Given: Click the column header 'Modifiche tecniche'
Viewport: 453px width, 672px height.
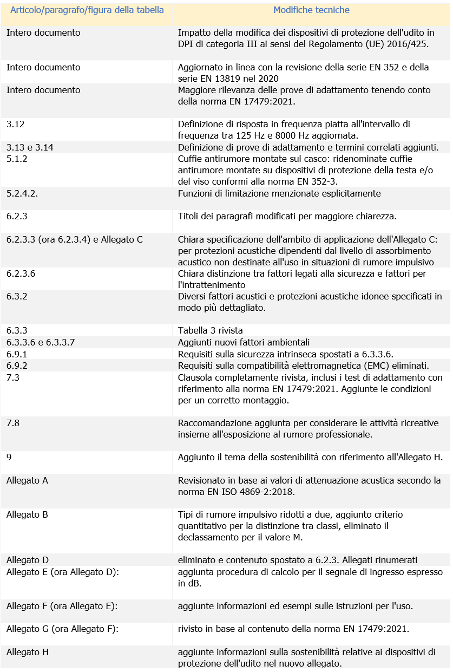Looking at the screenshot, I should click(311, 10).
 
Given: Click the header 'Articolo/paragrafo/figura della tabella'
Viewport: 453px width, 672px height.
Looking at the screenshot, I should click(87, 10).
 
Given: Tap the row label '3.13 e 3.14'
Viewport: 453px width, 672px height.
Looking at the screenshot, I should click(30, 147).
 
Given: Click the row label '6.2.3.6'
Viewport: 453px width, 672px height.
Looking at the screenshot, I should click(21, 274).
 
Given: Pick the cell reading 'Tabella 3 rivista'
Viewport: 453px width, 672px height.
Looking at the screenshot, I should click(211, 330).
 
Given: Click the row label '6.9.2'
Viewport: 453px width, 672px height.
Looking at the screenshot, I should click(17, 366).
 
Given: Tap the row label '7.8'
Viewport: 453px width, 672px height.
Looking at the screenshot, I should click(13, 423).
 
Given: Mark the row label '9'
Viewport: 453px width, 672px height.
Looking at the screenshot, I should click(9, 457).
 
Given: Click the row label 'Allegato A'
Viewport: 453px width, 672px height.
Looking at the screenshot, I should click(27, 480).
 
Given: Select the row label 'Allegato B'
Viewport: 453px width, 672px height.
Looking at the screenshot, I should click(27, 514).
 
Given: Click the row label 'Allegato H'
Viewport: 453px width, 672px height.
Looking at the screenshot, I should click(28, 652).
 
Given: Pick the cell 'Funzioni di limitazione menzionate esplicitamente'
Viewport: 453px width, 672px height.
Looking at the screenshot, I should click(279, 193).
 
